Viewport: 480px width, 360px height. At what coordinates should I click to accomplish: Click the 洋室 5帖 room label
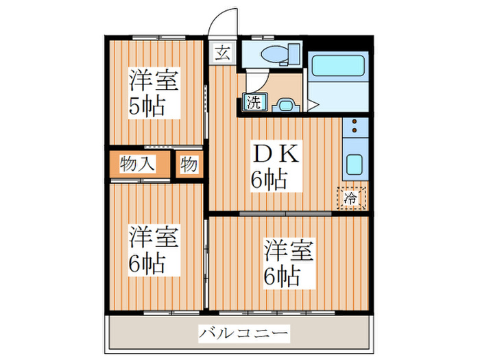(x=154, y=94)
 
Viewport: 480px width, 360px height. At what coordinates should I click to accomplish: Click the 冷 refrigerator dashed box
(x=350, y=199)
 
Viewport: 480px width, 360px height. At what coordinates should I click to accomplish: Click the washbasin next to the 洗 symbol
(x=285, y=104)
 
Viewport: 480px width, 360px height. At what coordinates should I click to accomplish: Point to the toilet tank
(x=294, y=53)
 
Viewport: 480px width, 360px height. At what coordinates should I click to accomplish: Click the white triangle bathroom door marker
(x=312, y=105)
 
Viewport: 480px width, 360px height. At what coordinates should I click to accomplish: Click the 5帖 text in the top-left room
(x=148, y=108)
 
